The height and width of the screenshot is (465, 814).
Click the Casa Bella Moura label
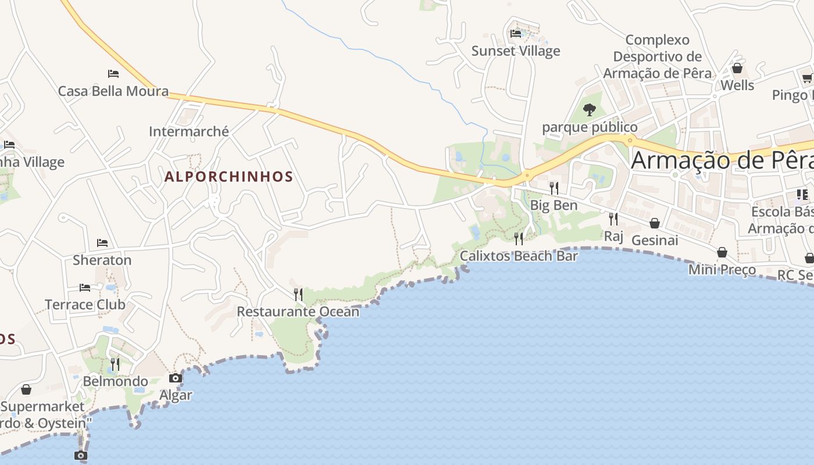(113, 91)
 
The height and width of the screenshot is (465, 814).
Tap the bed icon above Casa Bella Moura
(113, 74)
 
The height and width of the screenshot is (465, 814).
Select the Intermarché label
(189, 131)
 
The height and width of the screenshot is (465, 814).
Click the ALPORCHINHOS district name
(229, 177)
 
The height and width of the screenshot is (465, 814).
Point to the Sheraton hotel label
(102, 260)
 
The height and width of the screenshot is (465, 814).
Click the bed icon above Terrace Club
(85, 287)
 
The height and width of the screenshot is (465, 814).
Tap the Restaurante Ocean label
(298, 312)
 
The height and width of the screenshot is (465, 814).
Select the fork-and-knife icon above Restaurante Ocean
(298, 295)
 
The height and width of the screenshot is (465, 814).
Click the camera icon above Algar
(176, 378)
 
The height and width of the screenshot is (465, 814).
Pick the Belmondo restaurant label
(115, 381)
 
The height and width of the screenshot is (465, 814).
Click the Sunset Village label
(516, 51)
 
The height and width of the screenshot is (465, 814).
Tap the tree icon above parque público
(590, 109)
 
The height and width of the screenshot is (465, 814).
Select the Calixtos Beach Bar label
(519, 256)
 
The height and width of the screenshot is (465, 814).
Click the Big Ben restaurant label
(554, 205)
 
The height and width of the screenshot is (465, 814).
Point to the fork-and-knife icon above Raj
(613, 219)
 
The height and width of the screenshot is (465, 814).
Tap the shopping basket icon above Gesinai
(655, 223)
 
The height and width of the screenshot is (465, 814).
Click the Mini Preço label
(722, 270)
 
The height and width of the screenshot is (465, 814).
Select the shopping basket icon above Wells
(737, 68)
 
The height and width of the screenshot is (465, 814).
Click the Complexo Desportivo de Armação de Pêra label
(658, 57)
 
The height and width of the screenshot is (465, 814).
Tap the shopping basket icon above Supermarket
(26, 389)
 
